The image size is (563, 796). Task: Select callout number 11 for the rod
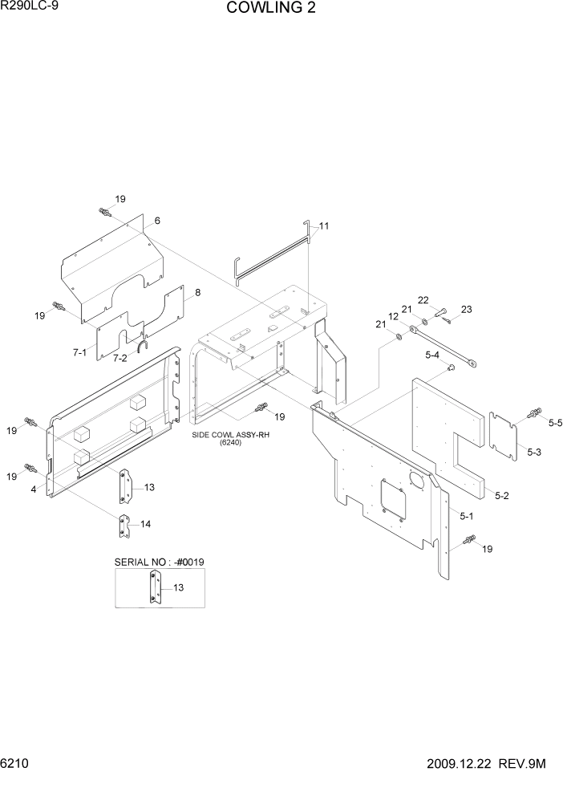(x=324, y=226)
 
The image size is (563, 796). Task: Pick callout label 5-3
(x=534, y=453)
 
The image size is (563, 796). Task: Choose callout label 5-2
(x=502, y=496)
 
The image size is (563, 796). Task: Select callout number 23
(x=467, y=310)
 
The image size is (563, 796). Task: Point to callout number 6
(x=157, y=221)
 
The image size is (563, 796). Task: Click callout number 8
(x=197, y=293)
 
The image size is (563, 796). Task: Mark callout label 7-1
(x=79, y=352)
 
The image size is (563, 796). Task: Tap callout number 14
(x=145, y=524)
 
